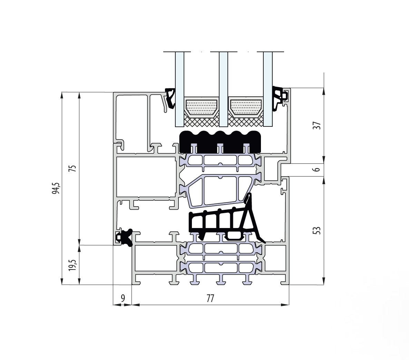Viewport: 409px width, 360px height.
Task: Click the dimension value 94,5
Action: pos(56,188)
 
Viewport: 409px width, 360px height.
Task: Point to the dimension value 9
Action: pos(123,298)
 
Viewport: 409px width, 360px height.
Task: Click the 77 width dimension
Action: pos(210,298)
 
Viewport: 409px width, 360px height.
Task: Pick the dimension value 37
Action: pos(317,125)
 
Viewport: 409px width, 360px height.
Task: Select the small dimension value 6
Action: pos(317,169)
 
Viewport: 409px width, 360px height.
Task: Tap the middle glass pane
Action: pos(223,89)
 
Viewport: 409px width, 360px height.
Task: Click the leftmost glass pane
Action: pos(179,89)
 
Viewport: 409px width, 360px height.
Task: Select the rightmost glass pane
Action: pos(267,89)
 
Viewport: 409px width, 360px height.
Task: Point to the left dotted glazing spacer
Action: pos(201,107)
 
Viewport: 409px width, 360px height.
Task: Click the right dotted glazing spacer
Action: pos(246,107)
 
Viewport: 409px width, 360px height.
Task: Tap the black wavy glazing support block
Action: pos(220,142)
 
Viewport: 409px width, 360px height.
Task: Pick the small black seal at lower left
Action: pos(125,238)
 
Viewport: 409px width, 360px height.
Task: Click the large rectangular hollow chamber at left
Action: pos(146,177)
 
